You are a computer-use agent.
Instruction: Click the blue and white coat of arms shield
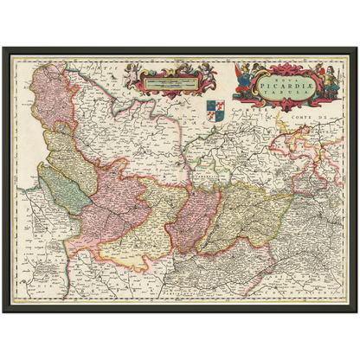[215, 110]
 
